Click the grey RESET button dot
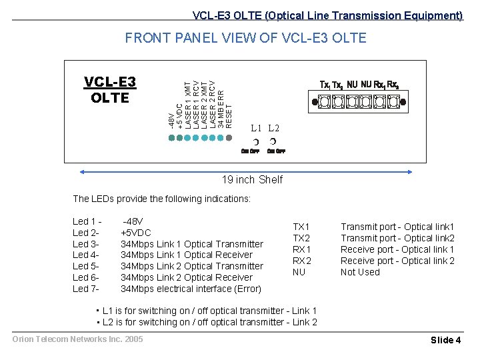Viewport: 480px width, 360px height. (x=230, y=138)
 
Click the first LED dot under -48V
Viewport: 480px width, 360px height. (x=171, y=138)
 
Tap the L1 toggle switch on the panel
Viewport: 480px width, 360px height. (x=256, y=142)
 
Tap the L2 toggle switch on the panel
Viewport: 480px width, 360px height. (x=273, y=142)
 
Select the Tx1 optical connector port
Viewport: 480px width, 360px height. (x=325, y=101)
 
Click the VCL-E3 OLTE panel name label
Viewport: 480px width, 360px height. (x=110, y=89)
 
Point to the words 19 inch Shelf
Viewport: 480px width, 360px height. (x=252, y=179)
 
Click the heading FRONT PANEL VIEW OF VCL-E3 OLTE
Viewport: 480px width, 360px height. (x=245, y=38)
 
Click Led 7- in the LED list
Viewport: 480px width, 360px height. (x=85, y=289)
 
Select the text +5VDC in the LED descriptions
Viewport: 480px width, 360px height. (x=135, y=233)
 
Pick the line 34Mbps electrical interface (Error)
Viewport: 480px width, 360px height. (x=191, y=289)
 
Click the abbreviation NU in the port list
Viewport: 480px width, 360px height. (x=299, y=272)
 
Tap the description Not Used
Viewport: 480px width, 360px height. (x=360, y=272)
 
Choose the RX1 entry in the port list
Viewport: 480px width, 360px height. (x=302, y=249)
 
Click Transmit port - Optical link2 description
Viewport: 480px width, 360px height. (x=397, y=238)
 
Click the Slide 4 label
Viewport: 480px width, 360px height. (x=445, y=340)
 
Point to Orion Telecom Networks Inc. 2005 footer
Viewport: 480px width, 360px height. (x=77, y=339)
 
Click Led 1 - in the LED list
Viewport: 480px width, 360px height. (x=87, y=221)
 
